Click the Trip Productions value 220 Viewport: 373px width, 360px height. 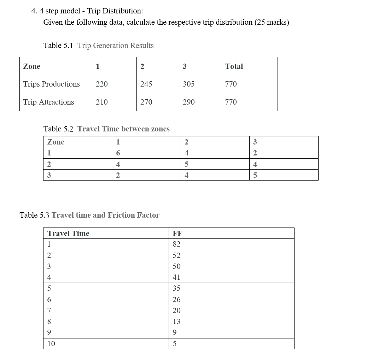(102, 84)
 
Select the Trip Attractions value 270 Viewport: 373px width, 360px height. (146, 102)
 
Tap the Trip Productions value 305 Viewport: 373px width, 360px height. (188, 84)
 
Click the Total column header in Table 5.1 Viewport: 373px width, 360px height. (234, 66)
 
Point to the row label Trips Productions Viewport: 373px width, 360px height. (51, 84)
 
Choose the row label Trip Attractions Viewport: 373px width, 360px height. (48, 102)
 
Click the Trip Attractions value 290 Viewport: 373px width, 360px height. (188, 102)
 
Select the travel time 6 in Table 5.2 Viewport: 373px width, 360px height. (118, 153)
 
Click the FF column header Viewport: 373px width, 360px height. (177, 234)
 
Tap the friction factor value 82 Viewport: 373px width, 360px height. (176, 244)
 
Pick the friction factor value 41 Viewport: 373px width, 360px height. (176, 277)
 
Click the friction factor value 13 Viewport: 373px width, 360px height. (176, 321)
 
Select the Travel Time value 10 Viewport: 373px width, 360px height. (51, 343)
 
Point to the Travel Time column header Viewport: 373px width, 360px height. (68, 234)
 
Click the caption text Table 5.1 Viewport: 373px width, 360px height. (58, 46)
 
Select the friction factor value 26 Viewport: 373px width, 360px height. (176, 300)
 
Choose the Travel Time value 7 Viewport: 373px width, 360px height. (49, 311)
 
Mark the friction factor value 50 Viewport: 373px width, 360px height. (176, 266)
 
